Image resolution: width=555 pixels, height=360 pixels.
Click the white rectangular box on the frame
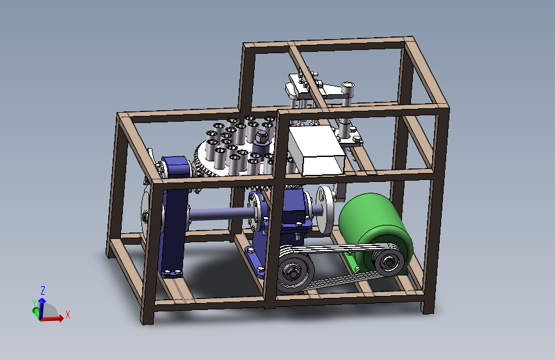pos(317,151)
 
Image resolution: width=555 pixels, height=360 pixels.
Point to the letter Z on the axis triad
pos(43,291)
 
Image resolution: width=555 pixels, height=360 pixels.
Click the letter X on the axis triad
pos(68,315)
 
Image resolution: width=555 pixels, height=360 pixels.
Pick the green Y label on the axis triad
pos(35,303)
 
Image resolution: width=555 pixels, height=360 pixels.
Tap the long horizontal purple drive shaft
pos(222,215)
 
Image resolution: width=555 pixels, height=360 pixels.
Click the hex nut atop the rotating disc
pos(262,137)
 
